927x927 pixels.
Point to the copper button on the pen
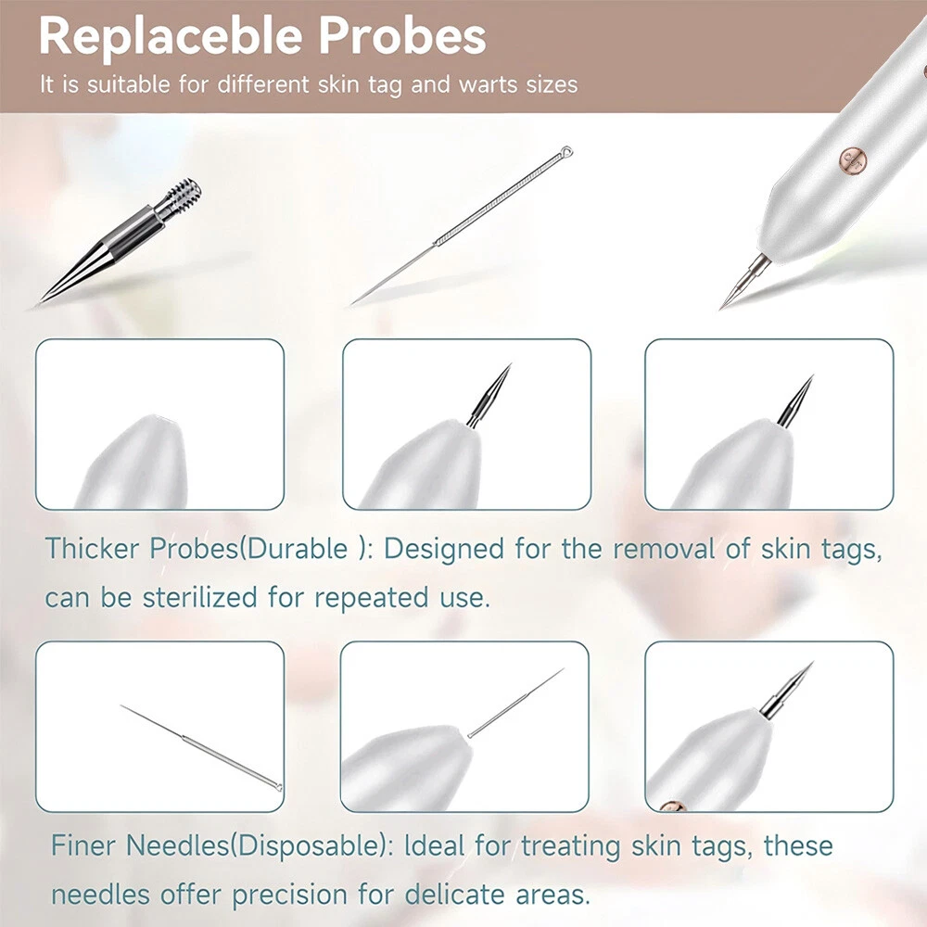853,160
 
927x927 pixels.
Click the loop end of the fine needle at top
566,151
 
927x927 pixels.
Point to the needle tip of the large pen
722,306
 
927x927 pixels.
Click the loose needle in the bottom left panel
201,747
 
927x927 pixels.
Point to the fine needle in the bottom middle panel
515,703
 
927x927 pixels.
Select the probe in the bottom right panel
786,691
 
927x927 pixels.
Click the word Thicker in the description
92,548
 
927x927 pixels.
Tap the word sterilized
200,597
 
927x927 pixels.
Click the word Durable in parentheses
297,548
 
